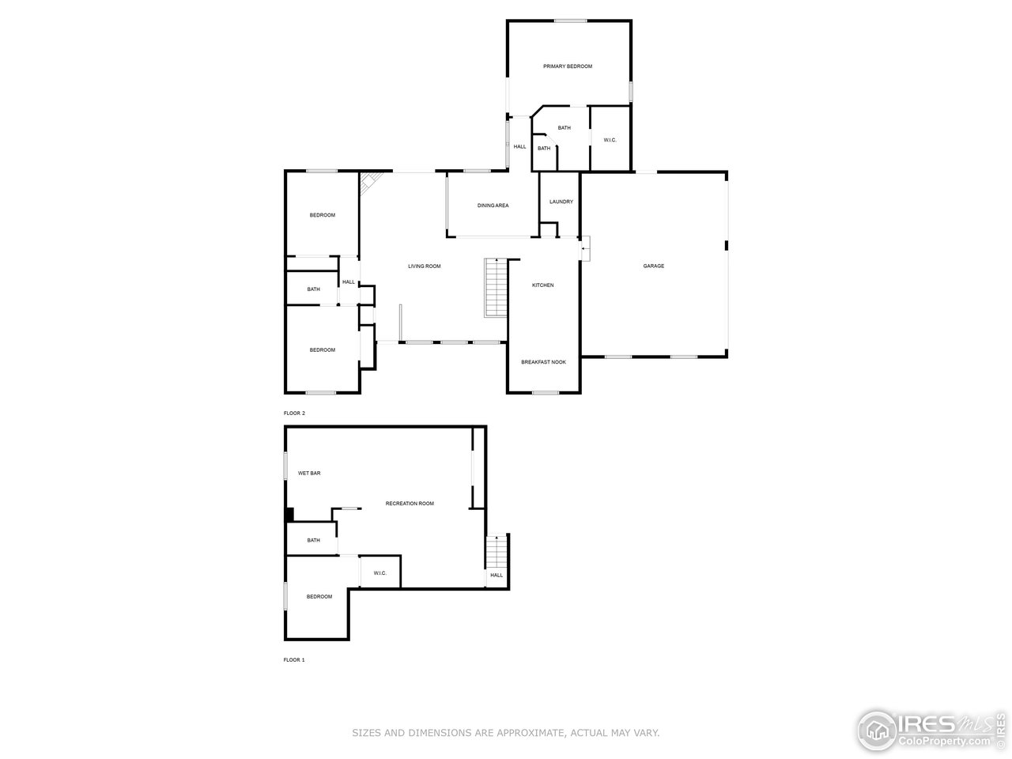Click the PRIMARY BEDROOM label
point(568,66)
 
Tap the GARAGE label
point(653,266)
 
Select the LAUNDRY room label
point(561,202)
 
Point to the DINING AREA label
point(493,206)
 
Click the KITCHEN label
point(542,285)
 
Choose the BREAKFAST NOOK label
point(543,362)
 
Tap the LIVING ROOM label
point(424,266)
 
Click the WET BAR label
point(308,474)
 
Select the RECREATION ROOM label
point(410,504)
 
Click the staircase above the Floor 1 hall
point(496,548)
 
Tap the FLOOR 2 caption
point(293,413)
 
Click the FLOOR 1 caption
point(293,659)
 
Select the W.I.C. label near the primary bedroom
point(610,140)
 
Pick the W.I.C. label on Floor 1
point(379,573)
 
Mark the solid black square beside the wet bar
point(289,514)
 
